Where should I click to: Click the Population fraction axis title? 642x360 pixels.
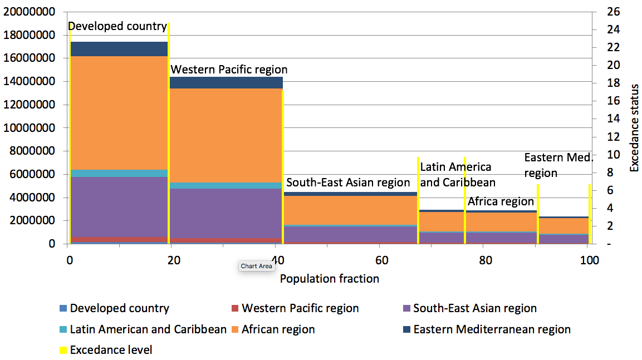tap(330, 279)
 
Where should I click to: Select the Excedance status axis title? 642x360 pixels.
tap(634, 127)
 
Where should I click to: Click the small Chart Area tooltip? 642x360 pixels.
tap(257, 266)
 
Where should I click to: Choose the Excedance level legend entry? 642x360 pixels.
tap(111, 350)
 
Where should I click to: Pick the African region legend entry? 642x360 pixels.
tap(278, 329)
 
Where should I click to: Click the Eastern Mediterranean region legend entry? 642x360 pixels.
tap(492, 329)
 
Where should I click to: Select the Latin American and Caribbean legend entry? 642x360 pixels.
tap(148, 329)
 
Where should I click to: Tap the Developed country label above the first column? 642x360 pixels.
tap(117, 26)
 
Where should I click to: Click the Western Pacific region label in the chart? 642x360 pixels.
tap(229, 70)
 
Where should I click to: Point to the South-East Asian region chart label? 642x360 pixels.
tap(348, 183)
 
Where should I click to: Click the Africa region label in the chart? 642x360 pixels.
tap(501, 201)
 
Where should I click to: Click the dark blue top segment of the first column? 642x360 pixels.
tap(119, 49)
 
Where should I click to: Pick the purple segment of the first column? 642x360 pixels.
tap(119, 206)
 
